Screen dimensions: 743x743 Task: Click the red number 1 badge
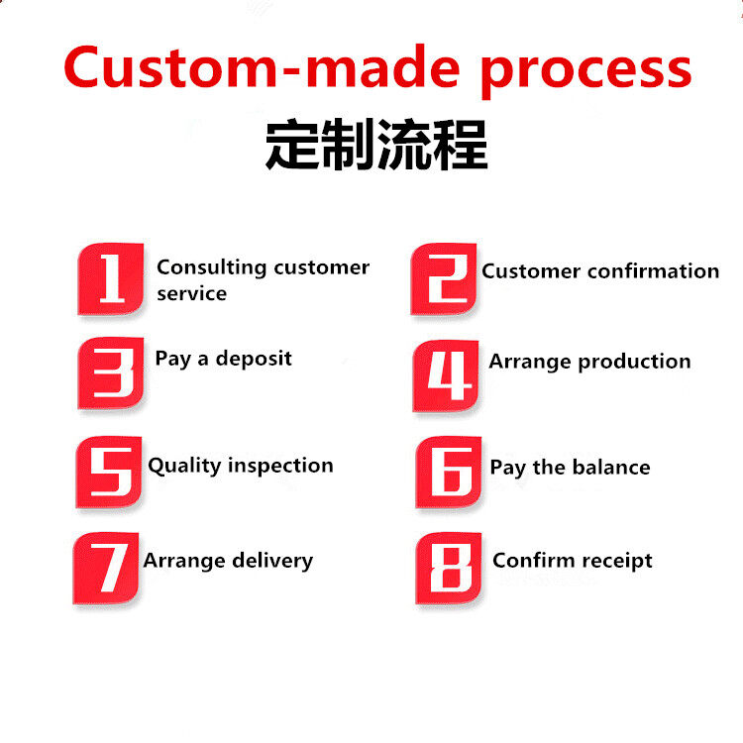pos(111,279)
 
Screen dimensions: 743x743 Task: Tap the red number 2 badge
pos(444,279)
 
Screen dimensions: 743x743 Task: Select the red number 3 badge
pos(111,373)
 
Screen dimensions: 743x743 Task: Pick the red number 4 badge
pos(446,375)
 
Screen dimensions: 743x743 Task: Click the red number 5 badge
pos(109,472)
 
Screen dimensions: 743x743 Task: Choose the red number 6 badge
pos(449,473)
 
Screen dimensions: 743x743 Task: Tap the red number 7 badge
pos(106,568)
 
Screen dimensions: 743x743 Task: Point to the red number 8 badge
pos(449,568)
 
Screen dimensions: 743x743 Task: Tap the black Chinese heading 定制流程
pos(376,145)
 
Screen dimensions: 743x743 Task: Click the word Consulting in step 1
pos(212,267)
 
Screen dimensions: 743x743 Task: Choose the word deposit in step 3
pos(254,359)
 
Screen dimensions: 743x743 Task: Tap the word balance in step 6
pos(610,468)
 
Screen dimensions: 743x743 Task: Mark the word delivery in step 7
pos(271,561)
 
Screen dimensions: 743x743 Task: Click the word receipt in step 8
pos(614,561)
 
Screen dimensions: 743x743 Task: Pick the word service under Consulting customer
pos(191,294)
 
